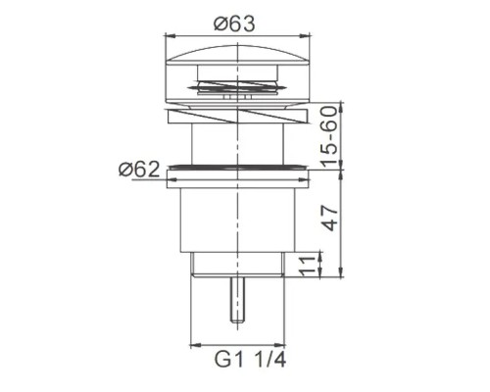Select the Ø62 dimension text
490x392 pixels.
tap(139, 169)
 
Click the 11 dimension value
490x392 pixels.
tap(307, 266)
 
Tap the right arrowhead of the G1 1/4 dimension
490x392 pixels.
tap(281, 343)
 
